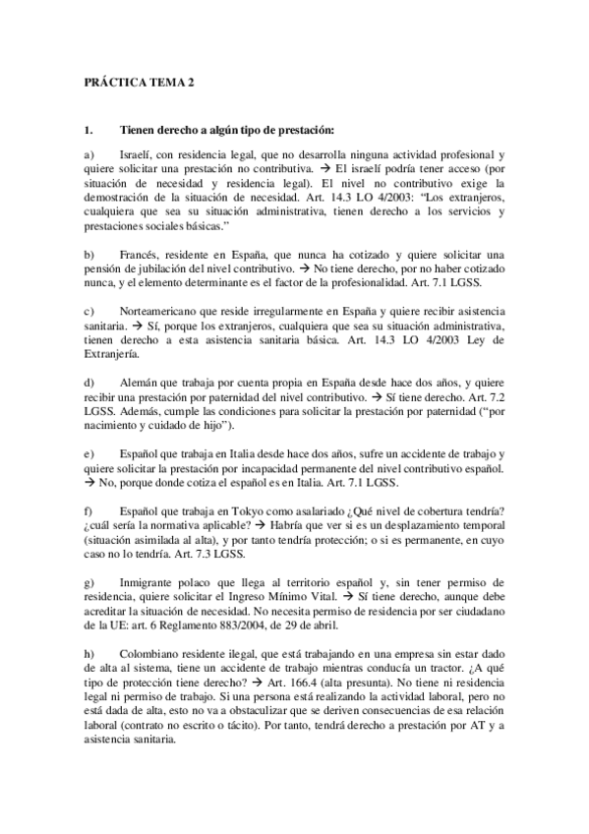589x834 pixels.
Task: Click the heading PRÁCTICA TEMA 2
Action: pyautogui.click(x=137, y=86)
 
